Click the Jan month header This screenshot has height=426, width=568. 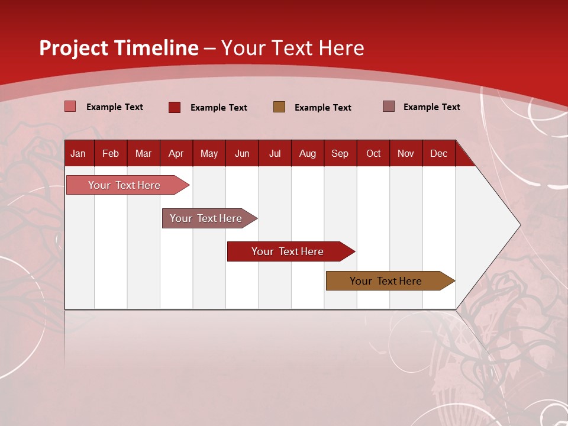click(x=78, y=153)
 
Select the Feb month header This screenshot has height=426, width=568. click(x=111, y=153)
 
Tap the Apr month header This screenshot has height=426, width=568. click(x=176, y=153)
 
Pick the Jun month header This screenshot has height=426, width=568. click(x=242, y=153)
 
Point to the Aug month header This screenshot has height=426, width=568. click(x=307, y=153)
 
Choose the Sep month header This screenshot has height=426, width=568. click(x=340, y=153)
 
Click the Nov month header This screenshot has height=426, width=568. click(x=406, y=153)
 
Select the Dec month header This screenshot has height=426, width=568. click(x=438, y=153)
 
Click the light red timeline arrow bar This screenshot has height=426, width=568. click(x=125, y=185)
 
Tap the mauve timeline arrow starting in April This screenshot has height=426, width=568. click(x=206, y=218)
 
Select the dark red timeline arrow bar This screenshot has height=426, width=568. click(x=288, y=251)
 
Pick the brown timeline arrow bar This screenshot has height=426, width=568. click(x=386, y=281)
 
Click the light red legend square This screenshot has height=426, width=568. click(x=70, y=106)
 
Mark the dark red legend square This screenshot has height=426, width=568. click(x=174, y=107)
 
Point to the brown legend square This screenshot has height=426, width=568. click(x=279, y=106)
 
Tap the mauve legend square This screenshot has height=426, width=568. click(x=389, y=106)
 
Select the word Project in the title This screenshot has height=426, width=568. click(x=73, y=48)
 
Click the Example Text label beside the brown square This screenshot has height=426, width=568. click(x=323, y=108)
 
